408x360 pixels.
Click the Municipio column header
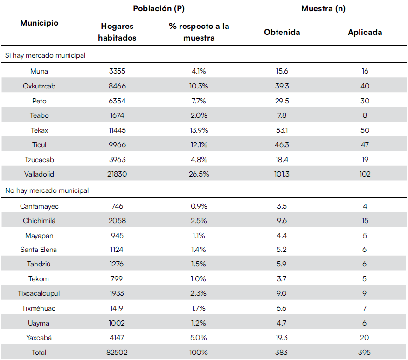click(39, 23)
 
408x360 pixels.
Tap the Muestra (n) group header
click(323, 8)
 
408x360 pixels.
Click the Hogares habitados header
click(117, 32)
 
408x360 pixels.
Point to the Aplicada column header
click(365, 32)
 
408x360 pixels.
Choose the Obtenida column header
click(282, 32)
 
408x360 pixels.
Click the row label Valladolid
click(39, 174)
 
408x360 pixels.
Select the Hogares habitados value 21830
click(117, 174)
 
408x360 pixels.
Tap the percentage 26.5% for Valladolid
click(199, 174)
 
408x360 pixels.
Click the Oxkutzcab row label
click(39, 86)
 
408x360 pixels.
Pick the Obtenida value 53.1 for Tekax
click(282, 130)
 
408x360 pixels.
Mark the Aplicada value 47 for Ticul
click(365, 145)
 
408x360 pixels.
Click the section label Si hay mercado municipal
click(45, 55)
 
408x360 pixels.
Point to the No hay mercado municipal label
click(47, 190)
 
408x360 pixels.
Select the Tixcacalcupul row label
click(39, 293)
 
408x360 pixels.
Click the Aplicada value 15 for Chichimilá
click(365, 221)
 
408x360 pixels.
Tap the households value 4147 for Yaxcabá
click(117, 338)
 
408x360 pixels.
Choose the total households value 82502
click(117, 353)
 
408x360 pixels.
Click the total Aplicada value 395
click(365, 353)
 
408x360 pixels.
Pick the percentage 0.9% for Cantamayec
click(199, 206)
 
